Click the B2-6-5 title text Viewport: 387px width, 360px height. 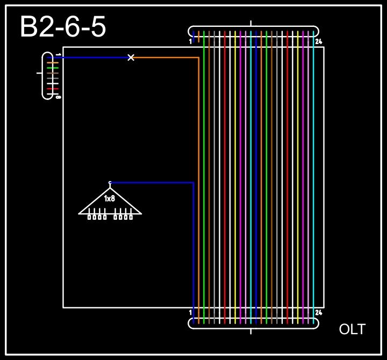pyautogui.click(x=63, y=27)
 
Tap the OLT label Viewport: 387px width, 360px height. pyautogui.click(x=352, y=329)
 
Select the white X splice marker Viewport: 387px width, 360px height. pyautogui.click(x=131, y=57)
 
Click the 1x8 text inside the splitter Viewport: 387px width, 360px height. pyautogui.click(x=110, y=199)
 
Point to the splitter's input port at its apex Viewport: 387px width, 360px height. pyautogui.click(x=110, y=183)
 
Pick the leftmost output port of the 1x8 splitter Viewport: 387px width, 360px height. pyautogui.click(x=90, y=217)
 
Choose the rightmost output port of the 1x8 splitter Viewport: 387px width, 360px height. pyautogui.click(x=131, y=217)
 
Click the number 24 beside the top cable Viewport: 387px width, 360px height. pyautogui.click(x=319, y=41)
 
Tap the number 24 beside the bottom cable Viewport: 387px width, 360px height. pyautogui.click(x=319, y=313)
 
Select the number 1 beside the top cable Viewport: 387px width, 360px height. pyautogui.click(x=190, y=41)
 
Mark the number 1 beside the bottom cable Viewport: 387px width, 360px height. pyautogui.click(x=190, y=313)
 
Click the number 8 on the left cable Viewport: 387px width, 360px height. pyautogui.click(x=58, y=97)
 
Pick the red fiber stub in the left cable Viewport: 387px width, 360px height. pyautogui.click(x=52, y=89)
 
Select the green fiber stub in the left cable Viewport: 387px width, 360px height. pyautogui.click(x=52, y=68)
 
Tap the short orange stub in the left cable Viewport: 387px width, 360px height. pyautogui.click(x=52, y=63)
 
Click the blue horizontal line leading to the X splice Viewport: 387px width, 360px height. pyautogui.click(x=91, y=57)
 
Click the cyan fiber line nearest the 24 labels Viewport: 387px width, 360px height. pyautogui.click(x=313, y=177)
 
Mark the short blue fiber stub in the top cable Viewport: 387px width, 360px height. pyautogui.click(x=193, y=35)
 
